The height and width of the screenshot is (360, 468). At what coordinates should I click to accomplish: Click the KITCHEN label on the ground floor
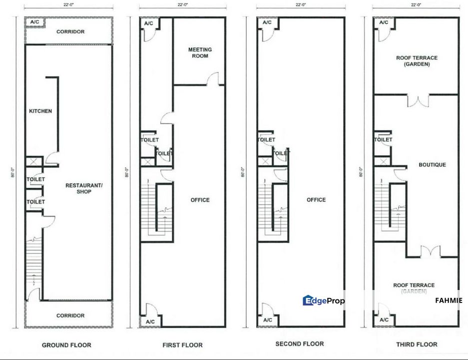(x=40, y=111)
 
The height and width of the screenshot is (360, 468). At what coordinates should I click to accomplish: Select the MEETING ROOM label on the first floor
(x=200, y=53)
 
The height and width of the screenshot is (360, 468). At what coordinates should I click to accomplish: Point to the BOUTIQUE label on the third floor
(x=432, y=165)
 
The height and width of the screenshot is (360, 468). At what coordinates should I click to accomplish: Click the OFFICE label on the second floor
(x=316, y=200)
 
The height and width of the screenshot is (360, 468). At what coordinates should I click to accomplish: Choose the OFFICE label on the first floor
(x=200, y=200)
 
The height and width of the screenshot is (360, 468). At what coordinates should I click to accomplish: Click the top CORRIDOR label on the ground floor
(x=70, y=32)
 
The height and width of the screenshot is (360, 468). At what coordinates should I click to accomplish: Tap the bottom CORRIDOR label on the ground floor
(x=70, y=315)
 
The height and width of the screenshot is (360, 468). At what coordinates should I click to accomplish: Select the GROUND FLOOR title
(x=66, y=345)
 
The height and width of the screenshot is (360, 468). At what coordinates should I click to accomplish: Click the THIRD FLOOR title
(x=417, y=344)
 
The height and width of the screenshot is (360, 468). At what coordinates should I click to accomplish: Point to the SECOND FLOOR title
(x=299, y=344)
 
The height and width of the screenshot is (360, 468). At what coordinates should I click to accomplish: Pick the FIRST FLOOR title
(x=182, y=345)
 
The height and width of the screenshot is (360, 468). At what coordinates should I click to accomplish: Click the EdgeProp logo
(x=324, y=300)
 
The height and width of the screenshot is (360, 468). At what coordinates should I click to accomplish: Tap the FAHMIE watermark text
(x=449, y=300)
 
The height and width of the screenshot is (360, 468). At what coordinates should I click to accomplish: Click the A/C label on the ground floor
(x=34, y=22)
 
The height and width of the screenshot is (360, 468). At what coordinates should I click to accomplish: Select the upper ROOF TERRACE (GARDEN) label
(x=417, y=61)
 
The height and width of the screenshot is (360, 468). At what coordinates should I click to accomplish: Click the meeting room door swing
(x=213, y=79)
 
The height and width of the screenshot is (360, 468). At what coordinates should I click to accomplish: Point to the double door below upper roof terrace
(x=418, y=100)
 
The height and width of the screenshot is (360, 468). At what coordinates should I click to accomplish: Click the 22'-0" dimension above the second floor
(x=300, y=4)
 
